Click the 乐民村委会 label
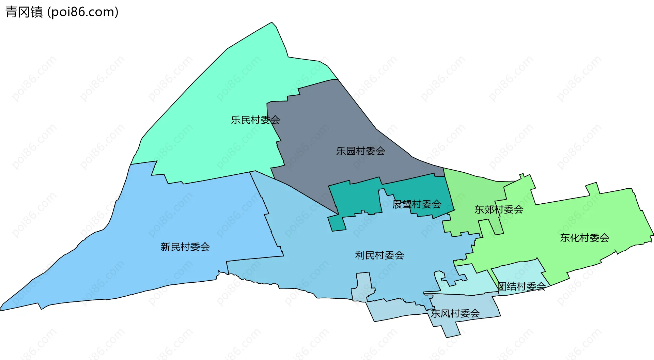pyautogui.click(x=255, y=120)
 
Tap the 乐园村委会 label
pyautogui.click(x=360, y=151)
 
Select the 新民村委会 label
pyautogui.click(x=185, y=247)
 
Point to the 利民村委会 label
pyautogui.click(x=379, y=255)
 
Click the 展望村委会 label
pyautogui.click(x=417, y=204)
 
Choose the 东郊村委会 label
pyautogui.click(x=499, y=209)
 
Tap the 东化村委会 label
pyautogui.click(x=585, y=238)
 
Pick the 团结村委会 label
pyautogui.click(x=521, y=286)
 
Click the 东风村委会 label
pyautogui.click(x=455, y=313)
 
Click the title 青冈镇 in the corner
pyautogui.click(x=24, y=12)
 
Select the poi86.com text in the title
pyautogui.click(x=83, y=12)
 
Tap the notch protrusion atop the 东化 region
pyautogui.click(x=592, y=188)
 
